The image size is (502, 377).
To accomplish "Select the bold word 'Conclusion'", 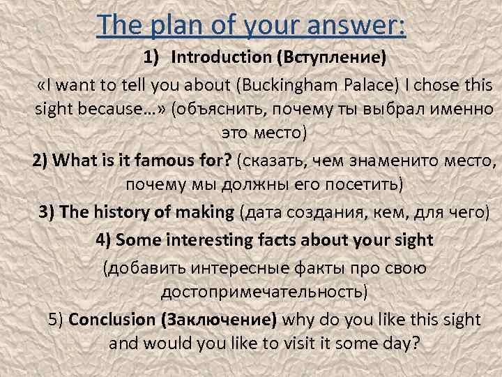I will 114,320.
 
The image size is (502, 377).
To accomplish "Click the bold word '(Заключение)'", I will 219,320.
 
